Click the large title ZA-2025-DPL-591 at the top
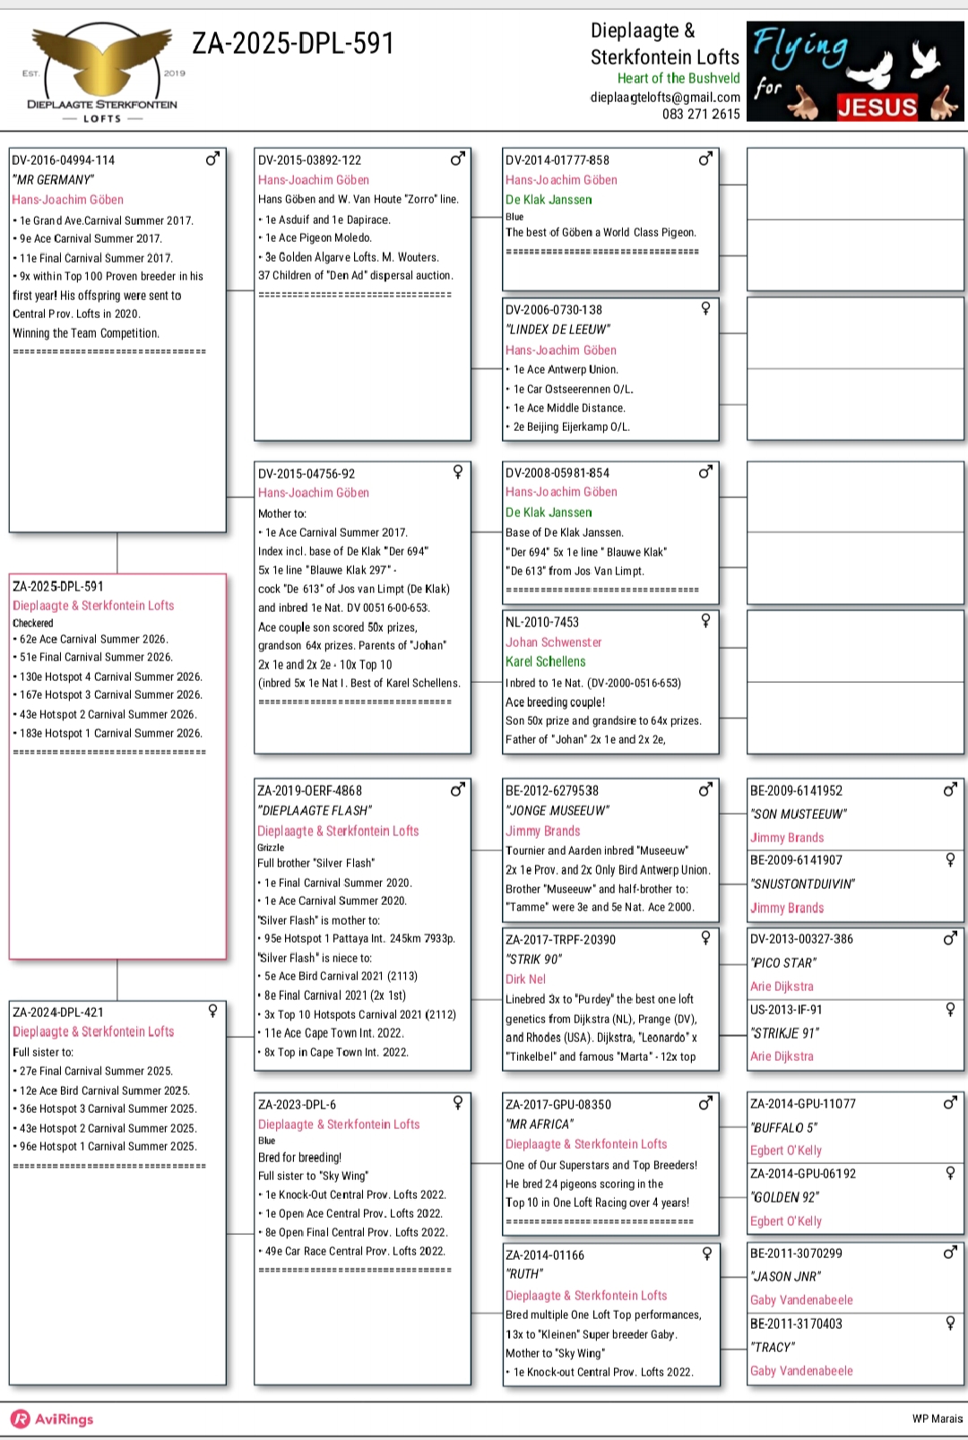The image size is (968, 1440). pos(293,43)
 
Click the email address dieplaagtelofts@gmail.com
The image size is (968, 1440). pos(665,97)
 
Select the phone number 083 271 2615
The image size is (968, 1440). pos(701,114)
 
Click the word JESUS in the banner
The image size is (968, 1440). pos(877,108)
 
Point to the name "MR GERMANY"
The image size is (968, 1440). pos(54,179)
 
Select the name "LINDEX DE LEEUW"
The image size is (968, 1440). pos(557,329)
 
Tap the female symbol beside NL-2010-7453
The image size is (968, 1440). pos(705,620)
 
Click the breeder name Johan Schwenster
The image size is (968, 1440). pos(553,642)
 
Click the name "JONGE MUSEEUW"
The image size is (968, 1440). pos(557,810)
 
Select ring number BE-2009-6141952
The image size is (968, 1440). pos(796,790)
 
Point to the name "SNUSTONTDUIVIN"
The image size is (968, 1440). pos(802,884)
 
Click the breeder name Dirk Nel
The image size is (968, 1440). pos(525,979)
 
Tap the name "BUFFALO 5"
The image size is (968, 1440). pos(784,1127)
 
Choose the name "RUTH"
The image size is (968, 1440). pos(524,1273)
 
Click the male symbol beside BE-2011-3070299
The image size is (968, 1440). pos(950,1252)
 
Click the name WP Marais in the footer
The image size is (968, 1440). pos(937,1418)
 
